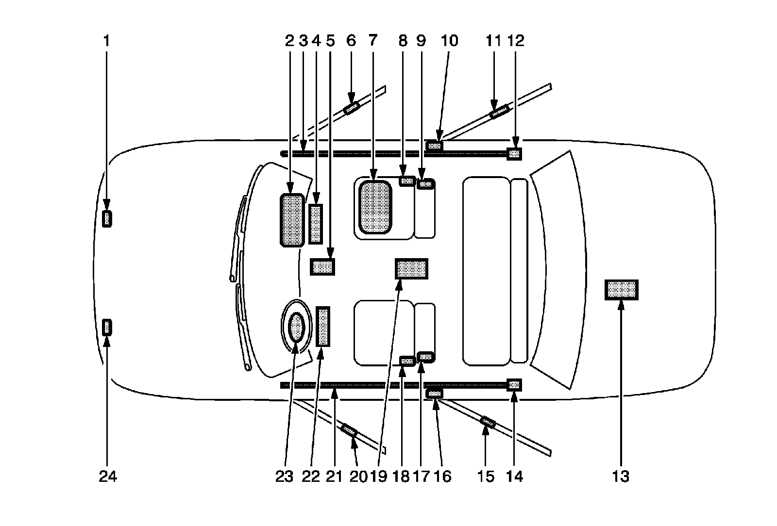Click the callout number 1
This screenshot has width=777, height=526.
(106, 41)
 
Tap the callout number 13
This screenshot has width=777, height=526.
(621, 477)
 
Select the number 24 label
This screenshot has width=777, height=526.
(108, 477)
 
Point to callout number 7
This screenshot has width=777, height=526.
(372, 41)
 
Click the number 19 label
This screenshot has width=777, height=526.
(378, 477)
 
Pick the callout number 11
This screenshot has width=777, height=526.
(493, 41)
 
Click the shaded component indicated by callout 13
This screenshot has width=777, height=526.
(621, 290)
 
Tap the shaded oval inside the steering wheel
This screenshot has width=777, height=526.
(296, 328)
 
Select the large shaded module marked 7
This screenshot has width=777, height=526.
(374, 207)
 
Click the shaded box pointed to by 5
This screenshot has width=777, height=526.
(322, 266)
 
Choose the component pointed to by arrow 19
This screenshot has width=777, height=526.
(412, 268)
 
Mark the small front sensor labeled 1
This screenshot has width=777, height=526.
(107, 219)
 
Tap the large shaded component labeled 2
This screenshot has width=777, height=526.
(292, 220)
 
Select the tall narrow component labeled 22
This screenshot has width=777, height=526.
(323, 326)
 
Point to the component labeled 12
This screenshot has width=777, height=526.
(514, 154)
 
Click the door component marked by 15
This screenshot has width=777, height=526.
(488, 422)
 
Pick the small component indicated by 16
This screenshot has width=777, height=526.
(434, 393)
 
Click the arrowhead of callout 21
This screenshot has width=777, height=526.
(334, 394)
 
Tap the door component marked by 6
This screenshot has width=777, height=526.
(351, 108)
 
